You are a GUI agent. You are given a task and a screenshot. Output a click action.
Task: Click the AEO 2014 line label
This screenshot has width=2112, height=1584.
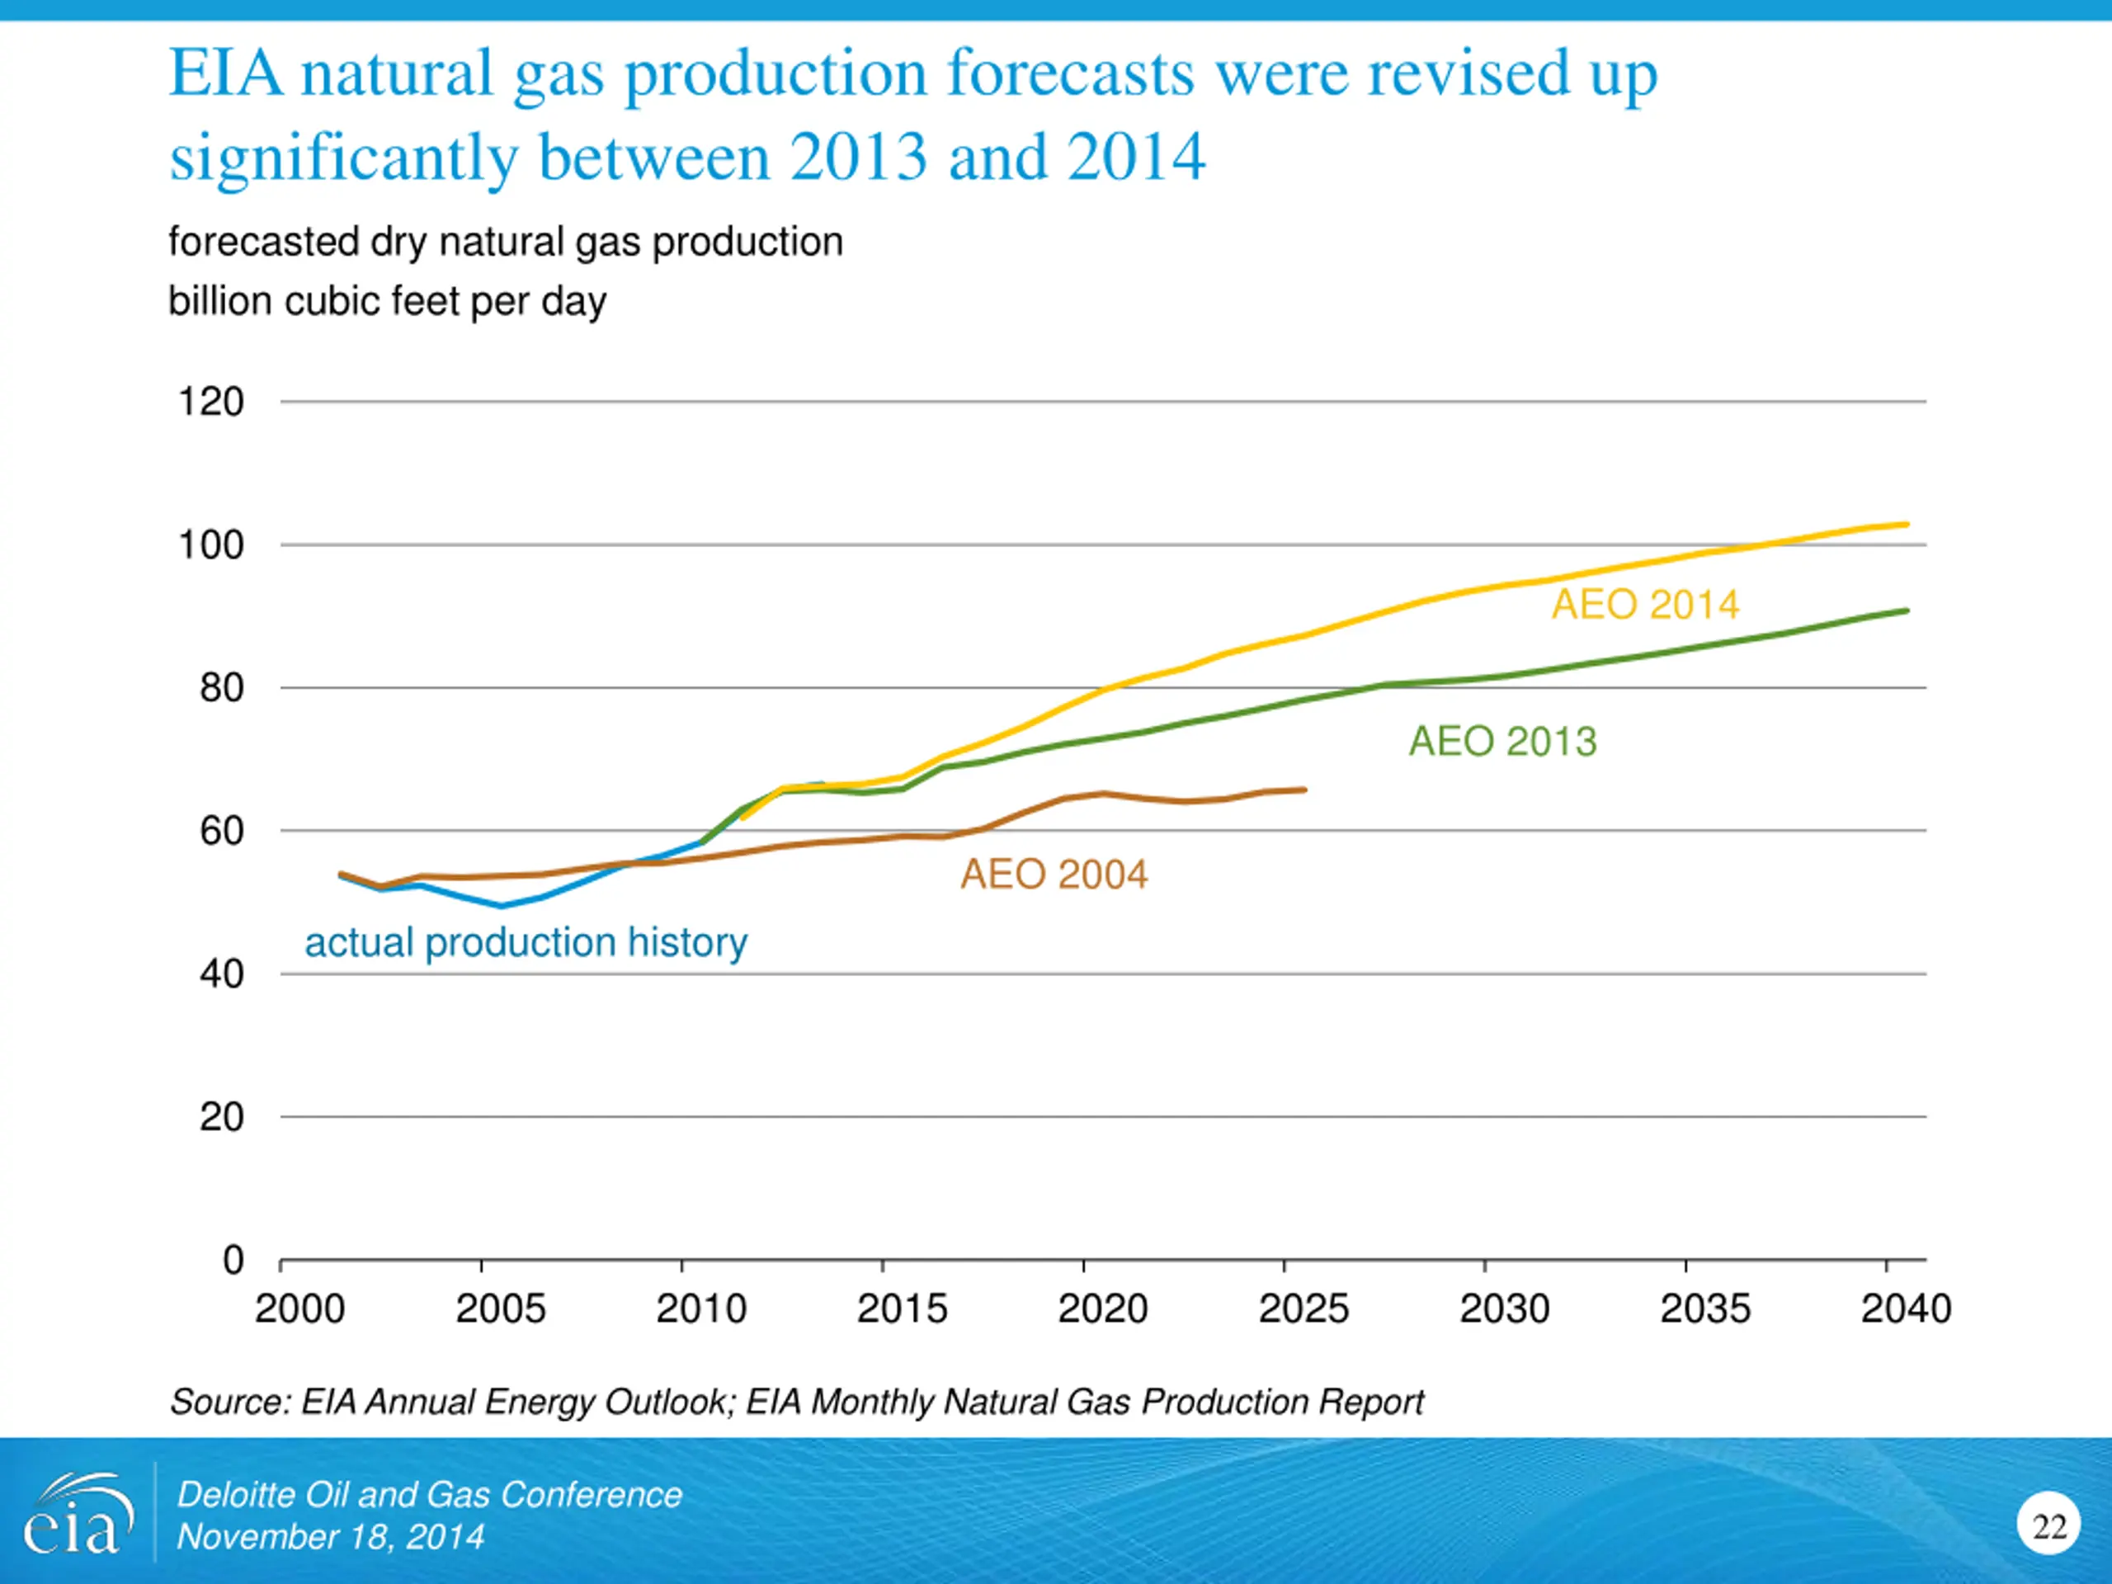pyautogui.click(x=1645, y=605)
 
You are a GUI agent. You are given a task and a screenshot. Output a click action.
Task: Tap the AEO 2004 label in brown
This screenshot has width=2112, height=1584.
pyautogui.click(x=1054, y=874)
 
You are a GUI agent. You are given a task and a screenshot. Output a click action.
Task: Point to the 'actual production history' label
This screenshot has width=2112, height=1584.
pyautogui.click(x=526, y=942)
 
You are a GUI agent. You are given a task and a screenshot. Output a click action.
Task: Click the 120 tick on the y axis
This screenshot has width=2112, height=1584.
pyautogui.click(x=211, y=401)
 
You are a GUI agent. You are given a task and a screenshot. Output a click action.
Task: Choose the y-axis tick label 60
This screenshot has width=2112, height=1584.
pyautogui.click(x=221, y=831)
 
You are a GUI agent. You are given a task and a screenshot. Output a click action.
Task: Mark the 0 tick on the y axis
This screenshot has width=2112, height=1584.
pyautogui.click(x=233, y=1261)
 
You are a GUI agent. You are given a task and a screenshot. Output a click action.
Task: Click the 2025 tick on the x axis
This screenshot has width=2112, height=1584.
pyautogui.click(x=1303, y=1308)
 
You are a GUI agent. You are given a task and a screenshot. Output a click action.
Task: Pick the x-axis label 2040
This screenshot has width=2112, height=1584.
pyautogui.click(x=1906, y=1308)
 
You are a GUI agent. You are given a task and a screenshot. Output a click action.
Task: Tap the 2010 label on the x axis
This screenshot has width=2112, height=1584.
pyautogui.click(x=700, y=1308)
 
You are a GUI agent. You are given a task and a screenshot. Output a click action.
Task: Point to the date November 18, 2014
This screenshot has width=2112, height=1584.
pyautogui.click(x=330, y=1537)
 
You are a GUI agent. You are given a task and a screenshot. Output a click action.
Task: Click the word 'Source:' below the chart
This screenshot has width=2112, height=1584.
pyautogui.click(x=230, y=1402)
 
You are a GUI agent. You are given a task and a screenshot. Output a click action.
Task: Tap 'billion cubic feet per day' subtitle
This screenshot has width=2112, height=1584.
pyautogui.click(x=387, y=301)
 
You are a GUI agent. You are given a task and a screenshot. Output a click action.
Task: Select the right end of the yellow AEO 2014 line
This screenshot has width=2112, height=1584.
pyautogui.click(x=1907, y=524)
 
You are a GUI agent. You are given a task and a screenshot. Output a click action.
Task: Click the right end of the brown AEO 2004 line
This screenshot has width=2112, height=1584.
pyautogui.click(x=1304, y=790)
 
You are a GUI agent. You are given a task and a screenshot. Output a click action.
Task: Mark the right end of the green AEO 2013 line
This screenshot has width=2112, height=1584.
pyautogui.click(x=1907, y=611)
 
